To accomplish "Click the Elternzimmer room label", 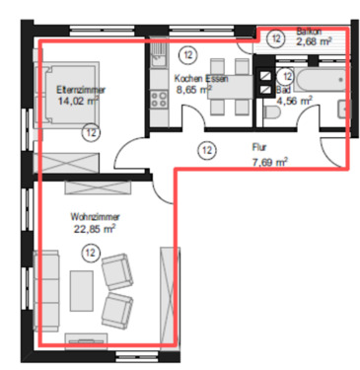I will [x=80, y=90].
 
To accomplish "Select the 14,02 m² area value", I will [x=79, y=101].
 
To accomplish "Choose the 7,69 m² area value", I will [x=268, y=162].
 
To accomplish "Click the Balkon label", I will [x=309, y=31].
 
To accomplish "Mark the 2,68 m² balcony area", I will [x=313, y=41].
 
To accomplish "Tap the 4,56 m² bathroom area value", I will [x=294, y=100].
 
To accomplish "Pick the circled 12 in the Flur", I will [x=206, y=150].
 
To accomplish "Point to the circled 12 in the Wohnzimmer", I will [x=91, y=254].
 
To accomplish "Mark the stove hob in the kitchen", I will [x=157, y=98].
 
